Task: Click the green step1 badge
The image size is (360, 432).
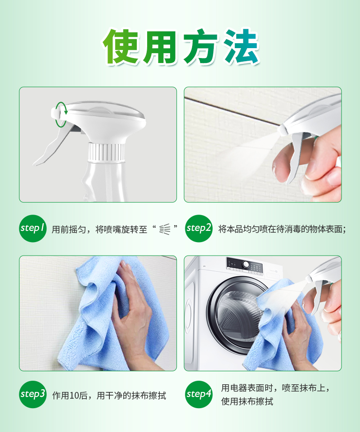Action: click(x=32, y=229)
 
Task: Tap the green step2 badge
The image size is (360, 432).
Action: click(x=198, y=229)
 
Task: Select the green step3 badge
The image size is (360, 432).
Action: click(x=32, y=394)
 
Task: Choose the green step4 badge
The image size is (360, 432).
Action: click(x=198, y=394)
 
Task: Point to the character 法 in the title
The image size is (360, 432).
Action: click(x=241, y=46)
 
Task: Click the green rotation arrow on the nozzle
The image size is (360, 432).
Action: click(x=61, y=115)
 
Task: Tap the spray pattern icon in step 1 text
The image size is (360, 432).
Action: click(x=165, y=229)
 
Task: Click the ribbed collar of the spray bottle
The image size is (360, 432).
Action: click(x=106, y=152)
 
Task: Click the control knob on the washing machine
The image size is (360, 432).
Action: click(x=246, y=265)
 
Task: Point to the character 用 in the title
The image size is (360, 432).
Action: click(x=161, y=46)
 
